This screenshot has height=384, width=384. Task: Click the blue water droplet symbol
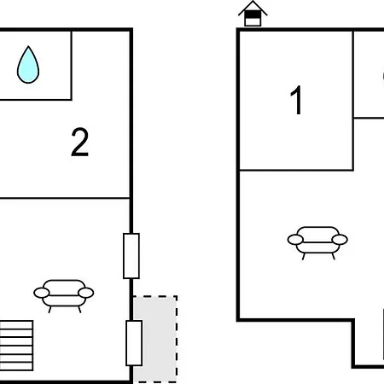(x=28, y=66)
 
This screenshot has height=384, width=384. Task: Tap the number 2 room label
(x=79, y=142)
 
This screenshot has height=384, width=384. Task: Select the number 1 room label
(x=296, y=100)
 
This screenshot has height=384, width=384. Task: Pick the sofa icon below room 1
(x=317, y=242)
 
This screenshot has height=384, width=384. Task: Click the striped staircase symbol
(x=16, y=346)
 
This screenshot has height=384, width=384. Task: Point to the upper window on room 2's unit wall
(x=131, y=256)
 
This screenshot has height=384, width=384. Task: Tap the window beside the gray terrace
(x=134, y=343)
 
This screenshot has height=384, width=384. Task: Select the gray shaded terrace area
(x=155, y=340)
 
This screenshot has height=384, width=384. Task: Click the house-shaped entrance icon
(x=253, y=15)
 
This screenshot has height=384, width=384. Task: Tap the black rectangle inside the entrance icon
(x=253, y=15)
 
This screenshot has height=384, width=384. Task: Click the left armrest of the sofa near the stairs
(x=42, y=293)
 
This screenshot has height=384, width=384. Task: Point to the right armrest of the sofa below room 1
(x=340, y=240)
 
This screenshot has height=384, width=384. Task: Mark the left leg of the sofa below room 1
(x=303, y=257)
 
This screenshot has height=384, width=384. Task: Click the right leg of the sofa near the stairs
(x=79, y=310)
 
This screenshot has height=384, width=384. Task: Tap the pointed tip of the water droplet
(x=28, y=46)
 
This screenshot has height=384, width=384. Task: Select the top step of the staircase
(x=16, y=325)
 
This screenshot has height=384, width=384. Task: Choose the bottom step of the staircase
(x=16, y=367)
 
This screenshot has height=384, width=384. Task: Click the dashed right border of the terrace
(x=177, y=340)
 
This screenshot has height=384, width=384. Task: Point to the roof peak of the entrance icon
(x=253, y=2)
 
